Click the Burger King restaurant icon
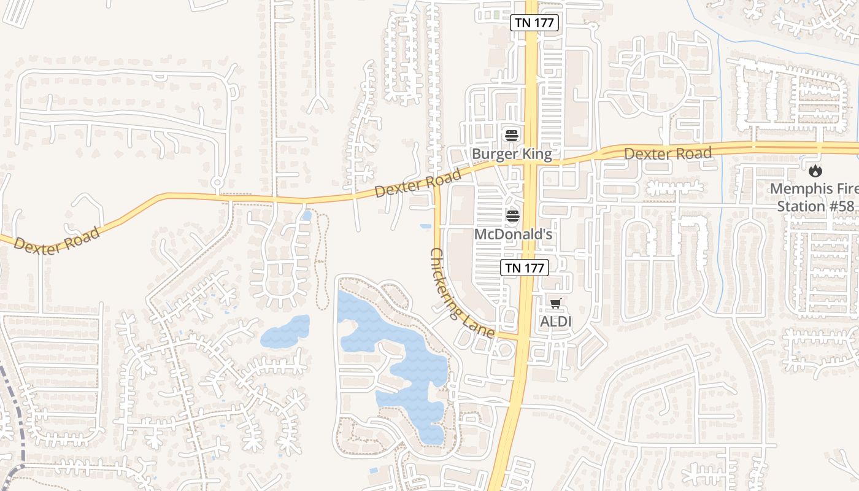click(x=512, y=136)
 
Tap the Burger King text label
click(x=512, y=153)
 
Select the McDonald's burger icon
click(x=513, y=215)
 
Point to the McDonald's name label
click(x=514, y=234)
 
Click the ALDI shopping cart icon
click(x=555, y=303)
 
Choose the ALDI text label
click(x=555, y=321)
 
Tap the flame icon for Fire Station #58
click(x=815, y=171)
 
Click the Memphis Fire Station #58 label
click(x=815, y=197)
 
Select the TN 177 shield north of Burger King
click(x=534, y=23)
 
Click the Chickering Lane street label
click(x=461, y=293)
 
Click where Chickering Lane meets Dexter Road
click(x=437, y=183)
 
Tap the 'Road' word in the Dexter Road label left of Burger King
click(x=441, y=179)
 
